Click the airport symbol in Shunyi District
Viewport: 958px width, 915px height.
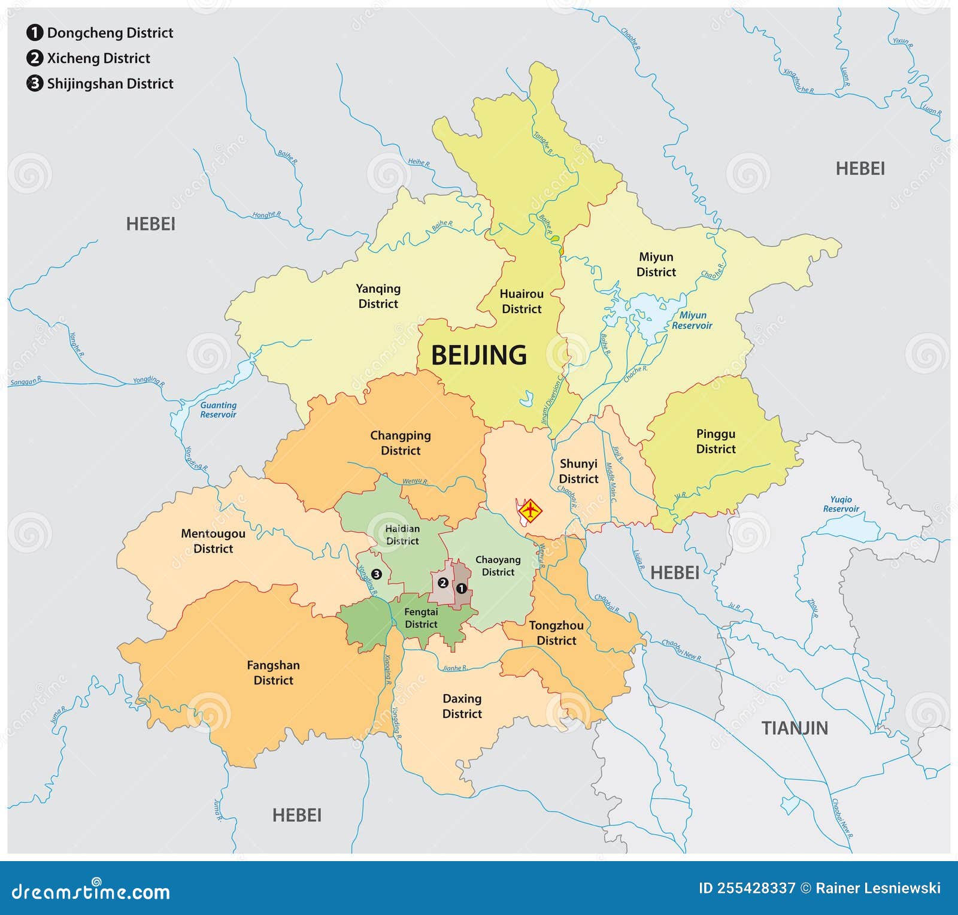530,511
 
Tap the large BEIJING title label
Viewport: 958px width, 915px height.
479,355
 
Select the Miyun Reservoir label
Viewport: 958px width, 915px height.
692,320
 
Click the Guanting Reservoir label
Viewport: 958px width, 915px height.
218,410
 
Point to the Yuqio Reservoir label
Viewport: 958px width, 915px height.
841,504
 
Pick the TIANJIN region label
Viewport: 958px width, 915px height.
795,728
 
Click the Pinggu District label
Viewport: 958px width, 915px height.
716,441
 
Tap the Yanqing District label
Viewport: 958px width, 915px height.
378,296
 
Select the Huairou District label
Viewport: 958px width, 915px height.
522,301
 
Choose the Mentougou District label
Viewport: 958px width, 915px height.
213,541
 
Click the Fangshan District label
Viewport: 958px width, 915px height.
273,672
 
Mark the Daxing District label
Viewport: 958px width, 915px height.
462,706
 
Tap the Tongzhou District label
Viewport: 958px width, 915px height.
556,632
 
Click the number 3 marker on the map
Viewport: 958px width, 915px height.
376,574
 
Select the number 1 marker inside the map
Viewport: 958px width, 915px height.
461,589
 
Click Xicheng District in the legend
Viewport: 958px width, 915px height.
98,58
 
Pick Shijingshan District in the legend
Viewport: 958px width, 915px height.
110,84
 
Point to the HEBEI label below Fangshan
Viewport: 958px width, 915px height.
297,815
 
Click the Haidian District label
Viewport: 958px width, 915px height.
402,535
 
